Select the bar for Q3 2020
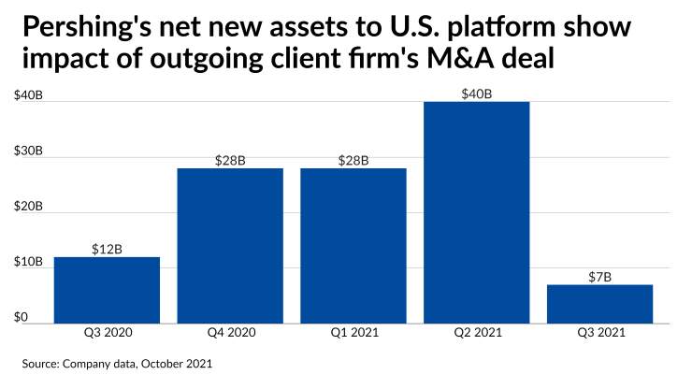coord(107,290)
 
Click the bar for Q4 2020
coord(230,246)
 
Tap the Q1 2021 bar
coord(353,246)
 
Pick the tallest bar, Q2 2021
coord(476,212)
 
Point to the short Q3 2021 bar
coord(599,304)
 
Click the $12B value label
coord(107,250)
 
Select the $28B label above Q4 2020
coord(230,161)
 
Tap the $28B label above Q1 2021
coord(353,161)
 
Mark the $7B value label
coord(599,278)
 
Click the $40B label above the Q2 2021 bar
coord(476,94)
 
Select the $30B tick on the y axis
coord(27,151)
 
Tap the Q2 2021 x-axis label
coord(476,332)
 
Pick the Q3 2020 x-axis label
coord(107,332)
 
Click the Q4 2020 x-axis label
coord(230,332)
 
